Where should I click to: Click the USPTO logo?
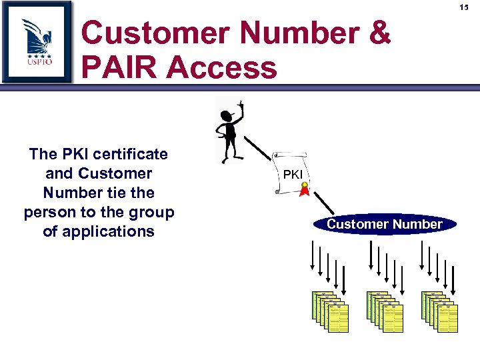tap(37, 41)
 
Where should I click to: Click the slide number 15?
tap(465, 7)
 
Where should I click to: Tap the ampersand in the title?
tap(378, 33)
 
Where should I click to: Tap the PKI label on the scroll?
tap(293, 175)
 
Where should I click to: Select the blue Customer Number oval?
tap(385, 225)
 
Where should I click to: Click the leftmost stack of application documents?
tap(330, 311)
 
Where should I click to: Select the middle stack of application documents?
tap(385, 311)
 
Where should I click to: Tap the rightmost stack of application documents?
tap(440, 311)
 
